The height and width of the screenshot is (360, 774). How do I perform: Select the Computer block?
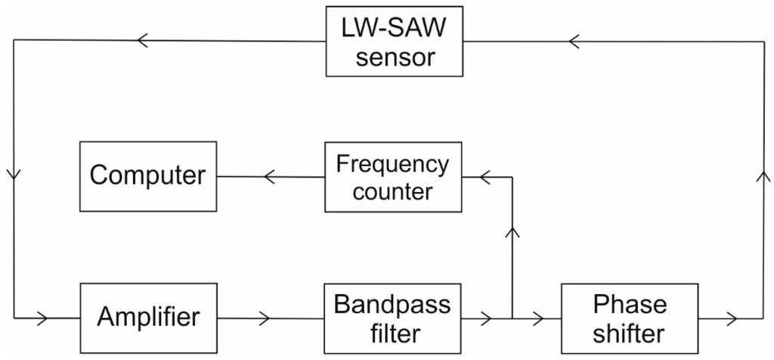[148, 175]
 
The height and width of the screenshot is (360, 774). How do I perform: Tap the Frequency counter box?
[392, 176]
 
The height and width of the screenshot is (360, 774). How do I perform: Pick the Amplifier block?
[148, 317]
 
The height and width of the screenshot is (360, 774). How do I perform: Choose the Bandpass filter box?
[392, 318]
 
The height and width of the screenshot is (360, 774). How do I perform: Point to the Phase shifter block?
[629, 318]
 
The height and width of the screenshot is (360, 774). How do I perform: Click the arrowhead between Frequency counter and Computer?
[269, 177]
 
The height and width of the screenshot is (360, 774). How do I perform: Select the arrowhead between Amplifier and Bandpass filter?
[264, 318]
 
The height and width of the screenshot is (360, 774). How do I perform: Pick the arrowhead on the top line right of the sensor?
[574, 41]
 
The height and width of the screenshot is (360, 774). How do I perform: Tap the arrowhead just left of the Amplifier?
[42, 318]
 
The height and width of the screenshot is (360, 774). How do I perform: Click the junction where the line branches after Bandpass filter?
[512, 318]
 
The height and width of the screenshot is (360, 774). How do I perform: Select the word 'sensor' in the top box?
[395, 57]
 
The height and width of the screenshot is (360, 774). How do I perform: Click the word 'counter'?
[392, 191]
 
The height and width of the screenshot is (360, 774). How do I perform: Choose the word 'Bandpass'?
[392, 304]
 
